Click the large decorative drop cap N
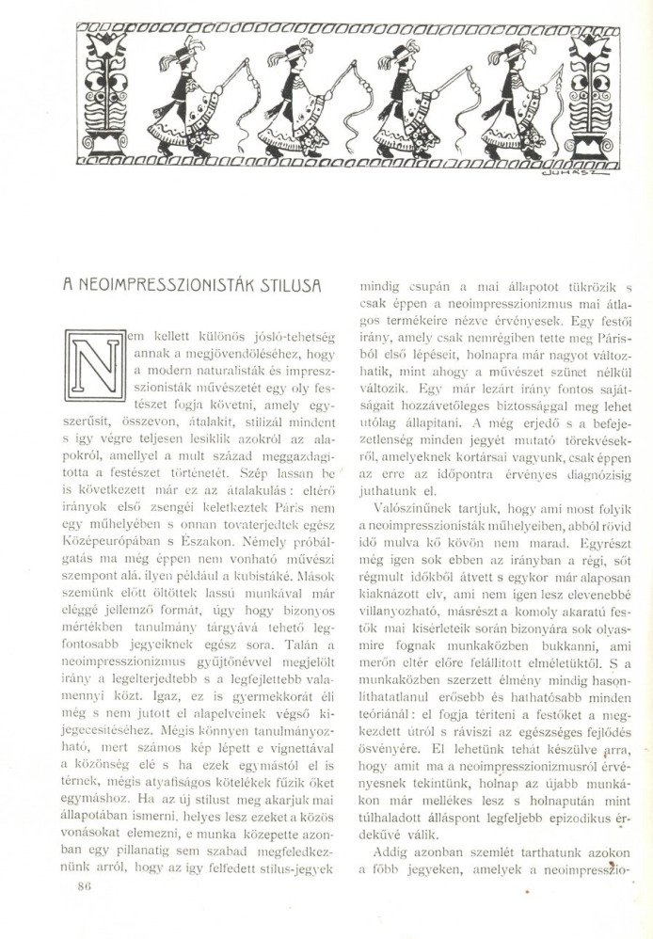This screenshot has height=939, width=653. point(95,367)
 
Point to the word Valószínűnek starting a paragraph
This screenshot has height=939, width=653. point(406,507)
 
